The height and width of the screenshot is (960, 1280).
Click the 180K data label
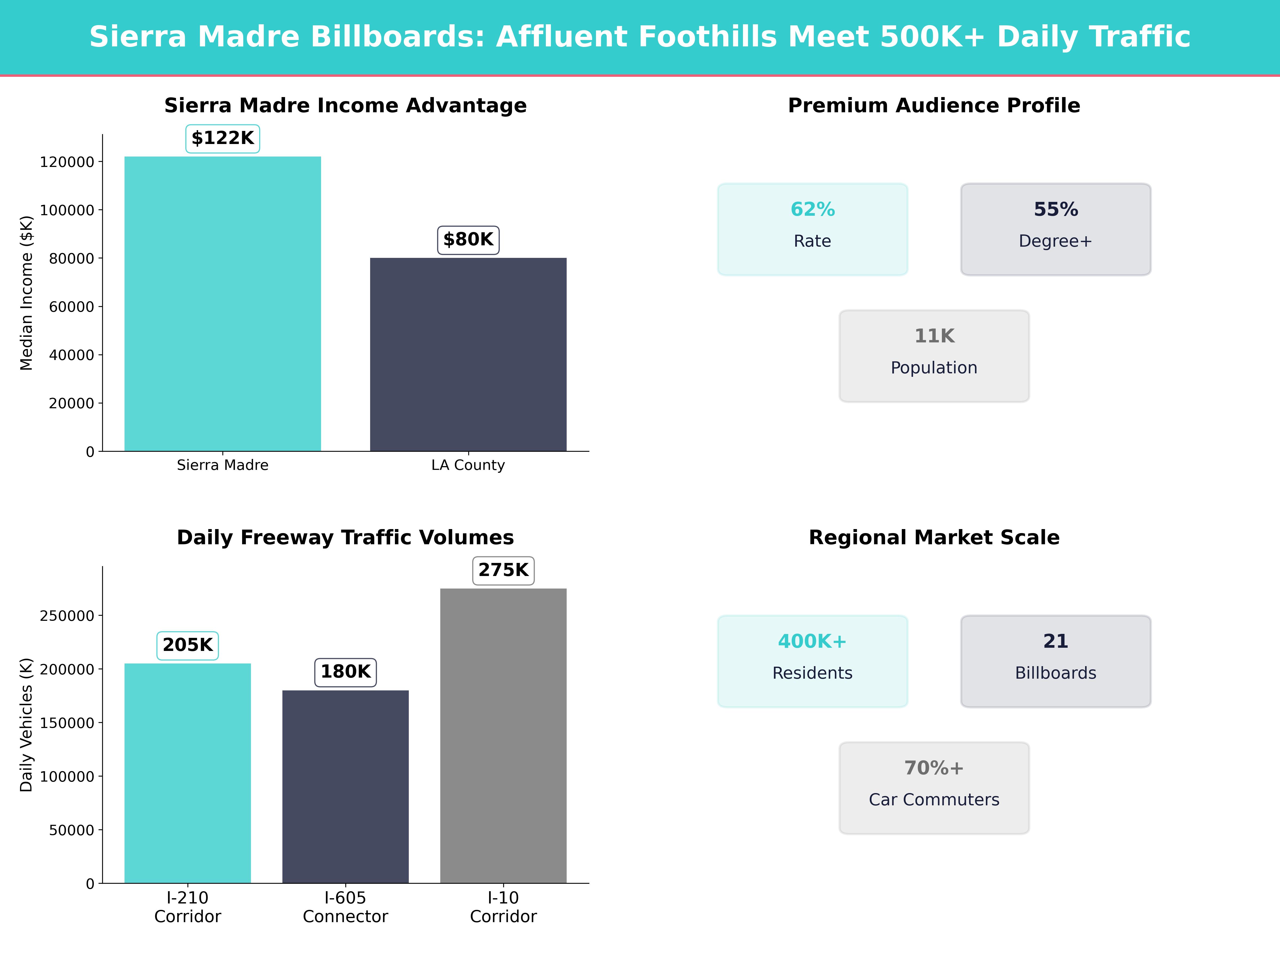pos(345,672)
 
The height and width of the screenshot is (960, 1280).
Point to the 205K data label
pos(187,645)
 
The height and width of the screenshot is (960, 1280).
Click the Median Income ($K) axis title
pos(27,293)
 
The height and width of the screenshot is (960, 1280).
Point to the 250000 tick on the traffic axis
pos(67,616)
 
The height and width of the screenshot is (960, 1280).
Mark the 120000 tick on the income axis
pos(67,162)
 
